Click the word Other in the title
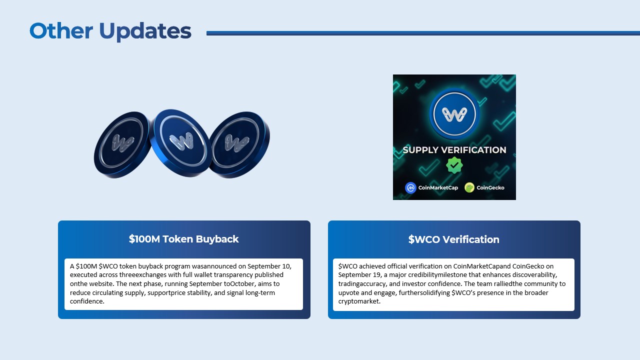point(61,30)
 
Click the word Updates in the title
point(145,32)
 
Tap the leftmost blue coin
point(122,144)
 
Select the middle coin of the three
point(180,142)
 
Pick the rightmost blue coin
point(239,144)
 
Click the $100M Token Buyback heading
point(183,239)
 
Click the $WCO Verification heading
point(453,239)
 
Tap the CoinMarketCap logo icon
point(410,187)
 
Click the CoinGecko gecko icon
point(469,187)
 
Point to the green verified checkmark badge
point(454,165)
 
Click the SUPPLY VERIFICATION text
point(454,150)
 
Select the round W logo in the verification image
point(454,113)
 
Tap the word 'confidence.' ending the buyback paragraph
point(87,301)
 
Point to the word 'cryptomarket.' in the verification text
point(359,301)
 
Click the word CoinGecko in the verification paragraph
point(528,266)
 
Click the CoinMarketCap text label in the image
point(438,187)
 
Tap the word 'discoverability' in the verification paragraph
point(534,275)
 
